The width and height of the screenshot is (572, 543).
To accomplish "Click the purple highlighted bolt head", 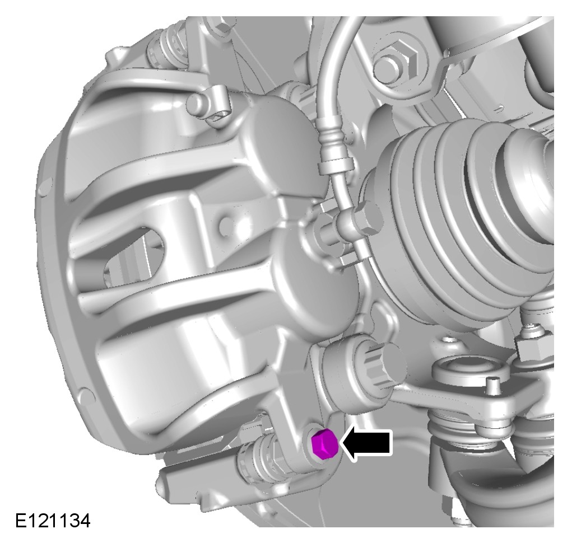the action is click(x=324, y=444).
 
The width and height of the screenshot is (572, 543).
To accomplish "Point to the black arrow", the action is click(x=366, y=443).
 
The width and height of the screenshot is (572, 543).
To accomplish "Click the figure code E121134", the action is click(x=53, y=521).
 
